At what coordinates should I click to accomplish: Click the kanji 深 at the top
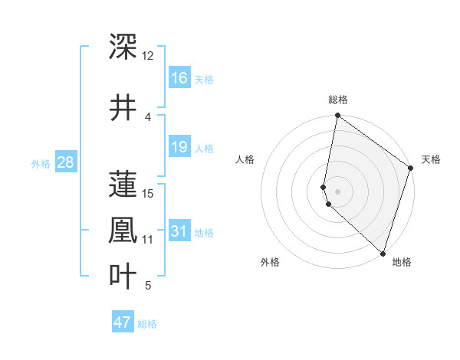pos(123,46)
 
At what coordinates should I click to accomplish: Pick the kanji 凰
pos(123,229)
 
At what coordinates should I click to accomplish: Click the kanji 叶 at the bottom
pos(123,276)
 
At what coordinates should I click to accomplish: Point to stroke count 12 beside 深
pos(147,56)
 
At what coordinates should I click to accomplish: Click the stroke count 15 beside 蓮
pos(148,193)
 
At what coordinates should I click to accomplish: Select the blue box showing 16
pos(179,77)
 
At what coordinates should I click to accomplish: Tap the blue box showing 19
pos(179,147)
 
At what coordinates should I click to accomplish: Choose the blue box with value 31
pos(179,231)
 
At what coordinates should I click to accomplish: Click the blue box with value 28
pos(66,162)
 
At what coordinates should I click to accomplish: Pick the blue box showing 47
pos(123,322)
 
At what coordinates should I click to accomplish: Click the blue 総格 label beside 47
pos(148,324)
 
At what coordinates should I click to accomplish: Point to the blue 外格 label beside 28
pos(41,163)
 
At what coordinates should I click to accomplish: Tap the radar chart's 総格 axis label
pos(338,100)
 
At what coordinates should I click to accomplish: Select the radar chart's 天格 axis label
pos(431,159)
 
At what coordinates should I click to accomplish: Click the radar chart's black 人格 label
pos(245,159)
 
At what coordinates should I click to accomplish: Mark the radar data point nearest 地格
pos(383,253)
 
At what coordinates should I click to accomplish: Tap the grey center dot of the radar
pos(338,191)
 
